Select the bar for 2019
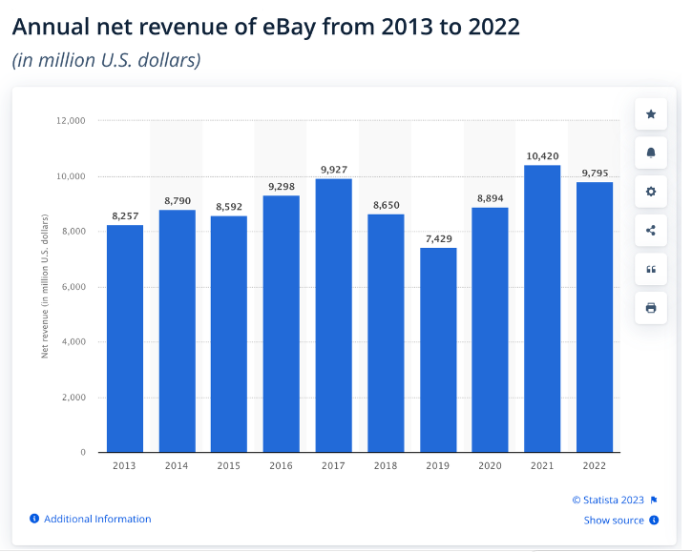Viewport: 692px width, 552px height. click(x=438, y=350)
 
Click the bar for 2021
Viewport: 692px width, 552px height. click(x=542, y=309)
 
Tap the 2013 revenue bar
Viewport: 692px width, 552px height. click(x=125, y=338)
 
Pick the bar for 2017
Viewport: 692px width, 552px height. click(x=334, y=316)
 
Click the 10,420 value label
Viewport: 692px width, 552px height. click(x=542, y=155)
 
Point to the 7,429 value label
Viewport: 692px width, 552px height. click(x=438, y=238)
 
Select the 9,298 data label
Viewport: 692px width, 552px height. click(x=282, y=186)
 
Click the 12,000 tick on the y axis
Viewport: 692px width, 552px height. click(x=72, y=121)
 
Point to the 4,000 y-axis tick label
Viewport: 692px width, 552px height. click(x=74, y=342)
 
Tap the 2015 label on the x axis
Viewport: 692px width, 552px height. click(x=229, y=465)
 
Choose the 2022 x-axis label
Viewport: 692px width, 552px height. click(x=595, y=465)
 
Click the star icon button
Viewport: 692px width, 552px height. click(x=651, y=114)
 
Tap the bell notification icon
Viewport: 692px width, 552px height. click(x=651, y=153)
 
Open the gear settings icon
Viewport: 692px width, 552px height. click(x=651, y=192)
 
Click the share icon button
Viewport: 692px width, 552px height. click(x=651, y=230)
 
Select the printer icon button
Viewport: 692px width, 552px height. click(x=651, y=307)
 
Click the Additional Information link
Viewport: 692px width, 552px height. click(x=96, y=519)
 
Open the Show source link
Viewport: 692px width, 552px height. click(x=614, y=521)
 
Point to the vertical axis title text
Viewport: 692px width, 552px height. click(x=44, y=286)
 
